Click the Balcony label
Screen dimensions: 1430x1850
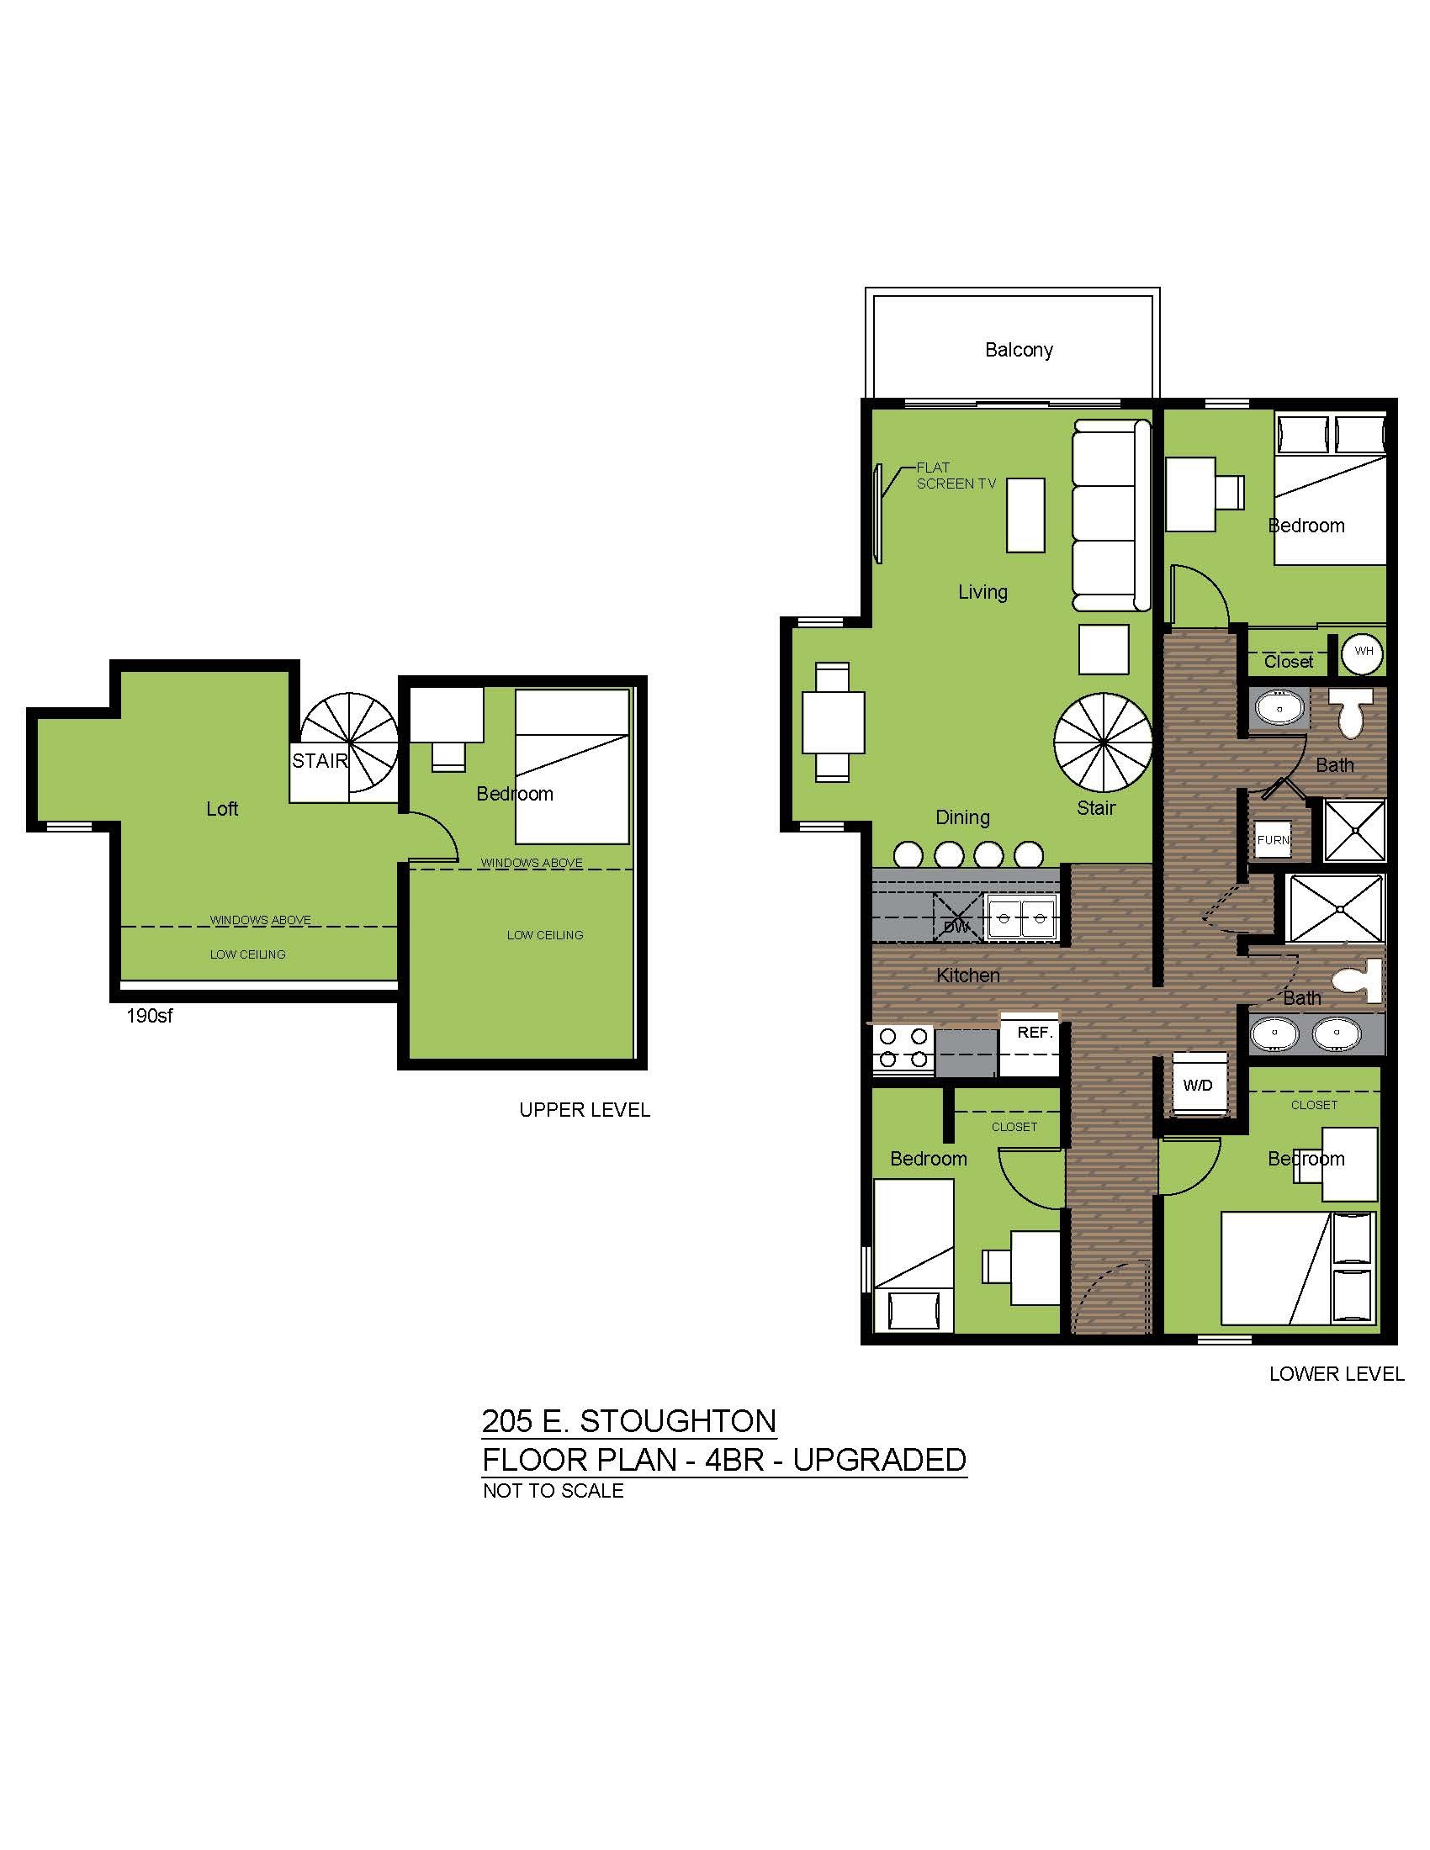1019,350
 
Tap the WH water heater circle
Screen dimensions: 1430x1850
1363,653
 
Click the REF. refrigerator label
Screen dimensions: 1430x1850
1035,1033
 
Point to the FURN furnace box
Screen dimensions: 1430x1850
1274,840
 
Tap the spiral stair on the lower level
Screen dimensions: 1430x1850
1103,742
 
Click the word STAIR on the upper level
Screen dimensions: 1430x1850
320,761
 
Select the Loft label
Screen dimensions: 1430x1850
222,809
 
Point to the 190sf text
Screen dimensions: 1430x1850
150,1016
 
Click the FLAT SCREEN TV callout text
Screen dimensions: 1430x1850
956,475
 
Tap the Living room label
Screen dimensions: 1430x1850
982,592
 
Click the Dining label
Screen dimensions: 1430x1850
962,817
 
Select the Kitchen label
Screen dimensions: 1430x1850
968,975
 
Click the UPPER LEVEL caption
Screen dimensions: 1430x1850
585,1110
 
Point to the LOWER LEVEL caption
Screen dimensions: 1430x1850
1337,1374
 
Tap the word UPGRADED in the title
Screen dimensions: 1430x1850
880,1460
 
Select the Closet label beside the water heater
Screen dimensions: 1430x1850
1289,662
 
